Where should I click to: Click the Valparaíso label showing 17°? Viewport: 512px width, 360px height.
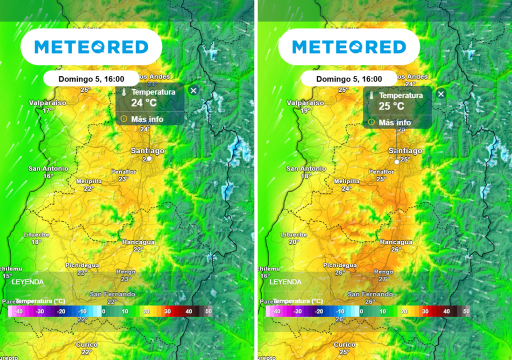tap(47, 103)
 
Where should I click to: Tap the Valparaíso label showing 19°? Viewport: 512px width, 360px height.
tap(305, 103)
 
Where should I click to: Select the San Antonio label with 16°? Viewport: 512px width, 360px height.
tap(48, 169)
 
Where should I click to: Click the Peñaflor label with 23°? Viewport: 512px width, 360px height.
tap(123, 172)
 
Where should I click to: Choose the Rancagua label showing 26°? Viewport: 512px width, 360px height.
tap(396, 242)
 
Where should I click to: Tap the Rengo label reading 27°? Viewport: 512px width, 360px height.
tap(383, 272)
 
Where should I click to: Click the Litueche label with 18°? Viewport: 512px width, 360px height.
tap(36, 235)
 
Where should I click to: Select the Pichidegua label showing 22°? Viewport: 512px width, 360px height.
tap(82, 265)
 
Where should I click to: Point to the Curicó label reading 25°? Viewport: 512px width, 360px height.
tap(344, 345)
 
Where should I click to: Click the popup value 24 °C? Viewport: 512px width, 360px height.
tap(143, 103)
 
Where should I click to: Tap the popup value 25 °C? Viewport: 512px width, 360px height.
tap(391, 106)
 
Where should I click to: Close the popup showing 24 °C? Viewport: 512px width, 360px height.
tap(193, 90)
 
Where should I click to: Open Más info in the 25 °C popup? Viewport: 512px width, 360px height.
tap(394, 122)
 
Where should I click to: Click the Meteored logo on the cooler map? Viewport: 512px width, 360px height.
tap(91, 47)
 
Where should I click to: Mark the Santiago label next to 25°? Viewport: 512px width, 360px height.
tap(405, 151)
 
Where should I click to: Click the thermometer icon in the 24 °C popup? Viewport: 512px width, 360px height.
tap(123, 92)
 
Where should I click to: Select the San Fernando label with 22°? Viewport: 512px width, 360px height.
tap(112, 294)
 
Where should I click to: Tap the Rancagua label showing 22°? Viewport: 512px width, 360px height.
tap(138, 242)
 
